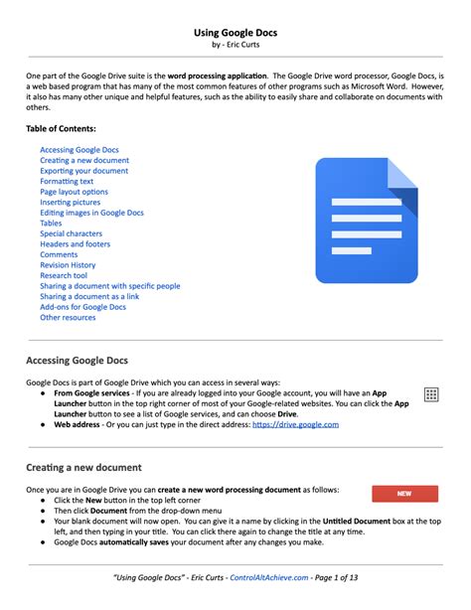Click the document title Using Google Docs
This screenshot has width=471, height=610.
click(235, 33)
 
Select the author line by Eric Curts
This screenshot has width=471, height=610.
click(235, 46)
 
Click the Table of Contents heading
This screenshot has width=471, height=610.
click(61, 128)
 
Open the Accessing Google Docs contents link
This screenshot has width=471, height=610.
click(78, 149)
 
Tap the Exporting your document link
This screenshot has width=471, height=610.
click(83, 171)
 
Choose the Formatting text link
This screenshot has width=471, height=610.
click(67, 181)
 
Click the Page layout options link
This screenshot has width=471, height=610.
click(74, 192)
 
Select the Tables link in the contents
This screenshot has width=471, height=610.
click(51, 224)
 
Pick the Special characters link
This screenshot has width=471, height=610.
click(71, 233)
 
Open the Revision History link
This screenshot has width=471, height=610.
click(68, 265)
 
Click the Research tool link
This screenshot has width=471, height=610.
click(64, 275)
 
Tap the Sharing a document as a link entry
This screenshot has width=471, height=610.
click(89, 296)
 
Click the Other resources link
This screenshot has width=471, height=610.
click(68, 317)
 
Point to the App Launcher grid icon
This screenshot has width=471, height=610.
click(431, 394)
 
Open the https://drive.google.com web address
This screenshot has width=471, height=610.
click(295, 424)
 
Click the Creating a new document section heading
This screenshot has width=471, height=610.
click(83, 467)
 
